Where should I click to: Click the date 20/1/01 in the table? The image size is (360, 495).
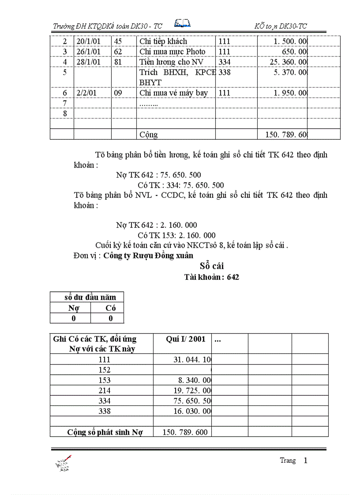coord(88,41)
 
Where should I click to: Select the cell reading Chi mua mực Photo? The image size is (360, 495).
coord(172,52)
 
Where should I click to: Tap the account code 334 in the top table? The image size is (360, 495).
coord(225,62)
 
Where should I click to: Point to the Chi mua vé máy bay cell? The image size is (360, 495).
coord(173,93)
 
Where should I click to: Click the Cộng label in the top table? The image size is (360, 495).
coord(148,134)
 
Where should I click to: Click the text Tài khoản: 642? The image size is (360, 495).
coord(211,278)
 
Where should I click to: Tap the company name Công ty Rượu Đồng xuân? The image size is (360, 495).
coord(148,256)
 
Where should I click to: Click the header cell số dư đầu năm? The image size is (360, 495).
coord(87,297)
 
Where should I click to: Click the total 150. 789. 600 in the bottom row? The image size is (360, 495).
coord(185,432)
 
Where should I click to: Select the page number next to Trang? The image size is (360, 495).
coord(305,461)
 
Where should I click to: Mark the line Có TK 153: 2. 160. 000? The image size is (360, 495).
coord(176,235)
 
